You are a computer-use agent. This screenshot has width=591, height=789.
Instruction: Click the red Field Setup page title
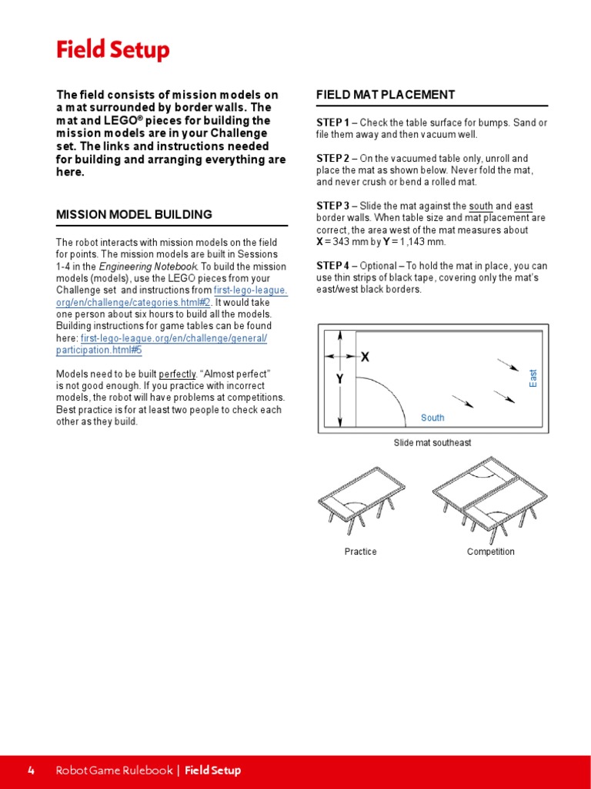pyautogui.click(x=112, y=51)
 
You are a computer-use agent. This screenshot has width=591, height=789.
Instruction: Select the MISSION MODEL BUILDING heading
pyautogui.click(x=134, y=214)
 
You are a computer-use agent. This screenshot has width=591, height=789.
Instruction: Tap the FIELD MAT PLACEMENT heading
pyautogui.click(x=386, y=95)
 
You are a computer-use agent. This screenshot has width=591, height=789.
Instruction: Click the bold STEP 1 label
pyautogui.click(x=332, y=123)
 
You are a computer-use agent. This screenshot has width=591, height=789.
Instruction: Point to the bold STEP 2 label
pyautogui.click(x=332, y=159)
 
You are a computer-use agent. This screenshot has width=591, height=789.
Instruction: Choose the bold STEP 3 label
pyautogui.click(x=332, y=206)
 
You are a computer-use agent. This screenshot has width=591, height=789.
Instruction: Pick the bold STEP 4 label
pyautogui.click(x=332, y=266)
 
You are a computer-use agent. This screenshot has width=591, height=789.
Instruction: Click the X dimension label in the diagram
pyautogui.click(x=365, y=357)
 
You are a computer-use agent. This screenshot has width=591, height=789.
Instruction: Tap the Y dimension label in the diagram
pyautogui.click(x=339, y=380)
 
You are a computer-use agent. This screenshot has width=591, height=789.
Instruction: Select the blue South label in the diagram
pyautogui.click(x=432, y=418)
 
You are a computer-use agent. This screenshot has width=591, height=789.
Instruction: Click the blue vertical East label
pyautogui.click(x=533, y=378)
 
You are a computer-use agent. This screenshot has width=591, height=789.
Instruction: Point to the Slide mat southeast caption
pyautogui.click(x=432, y=443)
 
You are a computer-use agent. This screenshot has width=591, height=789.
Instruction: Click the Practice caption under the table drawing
pyautogui.click(x=360, y=552)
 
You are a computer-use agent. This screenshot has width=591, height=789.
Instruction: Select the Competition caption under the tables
pyautogui.click(x=490, y=552)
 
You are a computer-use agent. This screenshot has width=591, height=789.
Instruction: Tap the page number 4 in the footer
pyautogui.click(x=31, y=771)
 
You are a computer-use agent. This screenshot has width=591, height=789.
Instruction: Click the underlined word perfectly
pyautogui.click(x=178, y=374)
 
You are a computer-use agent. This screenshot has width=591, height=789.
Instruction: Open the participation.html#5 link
pyautogui.click(x=99, y=350)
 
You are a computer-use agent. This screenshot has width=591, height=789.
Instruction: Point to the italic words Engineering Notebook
pyautogui.click(x=146, y=267)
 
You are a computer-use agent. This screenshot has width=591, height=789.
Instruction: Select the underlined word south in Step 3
pyautogui.click(x=481, y=206)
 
